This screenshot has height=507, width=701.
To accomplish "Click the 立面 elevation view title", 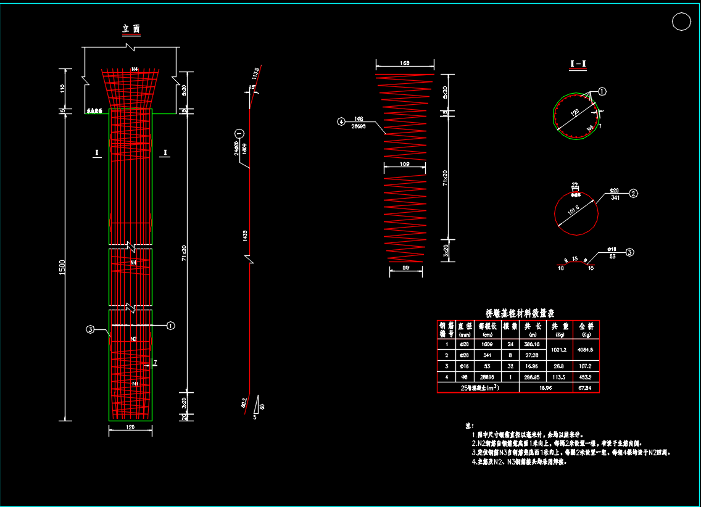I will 131,29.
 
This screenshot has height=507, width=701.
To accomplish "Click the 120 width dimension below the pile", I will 130,427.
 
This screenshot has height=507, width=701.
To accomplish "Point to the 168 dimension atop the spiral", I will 405,62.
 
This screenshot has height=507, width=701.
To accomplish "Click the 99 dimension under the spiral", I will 405,268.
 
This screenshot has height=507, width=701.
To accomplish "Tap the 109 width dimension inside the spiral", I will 405,165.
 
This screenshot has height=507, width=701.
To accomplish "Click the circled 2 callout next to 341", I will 633,194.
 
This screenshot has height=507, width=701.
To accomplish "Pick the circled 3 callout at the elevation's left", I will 90,330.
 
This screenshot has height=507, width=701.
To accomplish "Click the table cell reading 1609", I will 486,344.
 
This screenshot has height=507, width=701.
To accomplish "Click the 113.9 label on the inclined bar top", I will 255,73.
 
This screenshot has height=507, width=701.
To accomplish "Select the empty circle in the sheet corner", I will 681,22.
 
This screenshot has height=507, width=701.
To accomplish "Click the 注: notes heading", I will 468,426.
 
